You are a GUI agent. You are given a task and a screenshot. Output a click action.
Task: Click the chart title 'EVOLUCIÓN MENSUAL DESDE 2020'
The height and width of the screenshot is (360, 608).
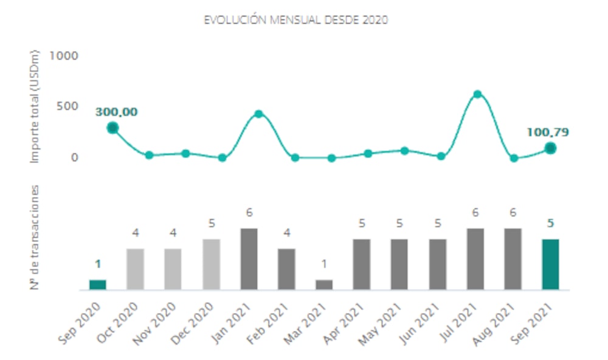[295, 20]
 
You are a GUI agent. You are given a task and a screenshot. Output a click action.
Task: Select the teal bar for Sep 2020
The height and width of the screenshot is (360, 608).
[97, 284]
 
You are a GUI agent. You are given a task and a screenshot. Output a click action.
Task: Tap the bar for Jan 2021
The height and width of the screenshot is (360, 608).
[249, 258]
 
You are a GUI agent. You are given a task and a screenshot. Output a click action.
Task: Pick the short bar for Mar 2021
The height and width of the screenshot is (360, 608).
[324, 284]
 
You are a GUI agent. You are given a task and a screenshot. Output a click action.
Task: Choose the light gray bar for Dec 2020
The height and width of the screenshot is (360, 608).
[212, 264]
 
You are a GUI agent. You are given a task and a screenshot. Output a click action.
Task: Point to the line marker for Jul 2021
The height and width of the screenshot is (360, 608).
[477, 94]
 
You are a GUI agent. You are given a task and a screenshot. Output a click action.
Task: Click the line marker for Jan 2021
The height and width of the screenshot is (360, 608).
[258, 114]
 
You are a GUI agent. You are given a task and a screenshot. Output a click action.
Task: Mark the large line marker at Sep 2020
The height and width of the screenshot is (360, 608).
[112, 128]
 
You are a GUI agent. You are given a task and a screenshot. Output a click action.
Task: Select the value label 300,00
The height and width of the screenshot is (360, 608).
[116, 112]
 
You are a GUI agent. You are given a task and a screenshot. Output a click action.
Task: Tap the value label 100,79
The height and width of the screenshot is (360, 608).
[548, 132]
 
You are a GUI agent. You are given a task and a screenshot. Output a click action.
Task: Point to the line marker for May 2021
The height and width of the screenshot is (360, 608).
[404, 150]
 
